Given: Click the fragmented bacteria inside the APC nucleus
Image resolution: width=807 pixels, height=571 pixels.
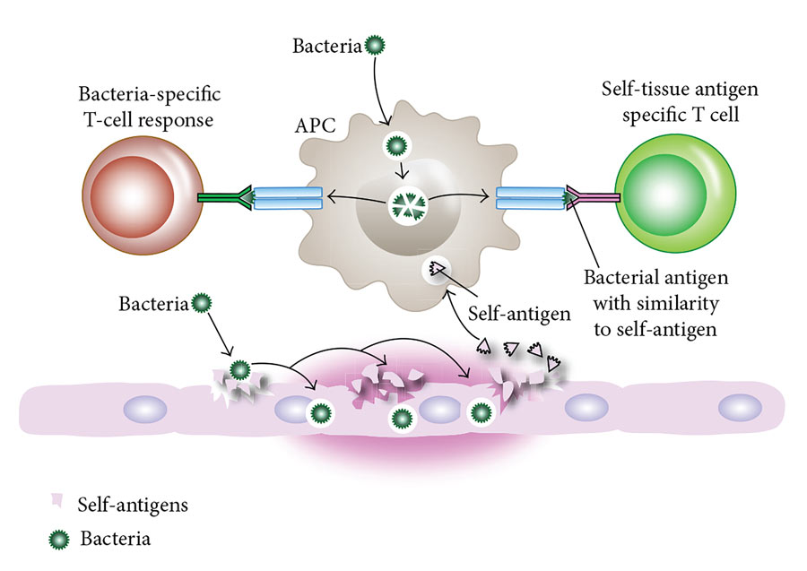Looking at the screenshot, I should [x=408, y=207].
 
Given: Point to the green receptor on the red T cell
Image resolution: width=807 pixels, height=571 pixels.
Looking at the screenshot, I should [x=219, y=198].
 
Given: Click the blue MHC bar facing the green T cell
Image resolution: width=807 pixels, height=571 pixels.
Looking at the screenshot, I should [x=530, y=198].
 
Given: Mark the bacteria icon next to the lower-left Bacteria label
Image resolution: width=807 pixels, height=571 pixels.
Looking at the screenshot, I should [x=202, y=304].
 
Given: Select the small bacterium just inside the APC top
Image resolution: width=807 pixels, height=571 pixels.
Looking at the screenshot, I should [x=394, y=143].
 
